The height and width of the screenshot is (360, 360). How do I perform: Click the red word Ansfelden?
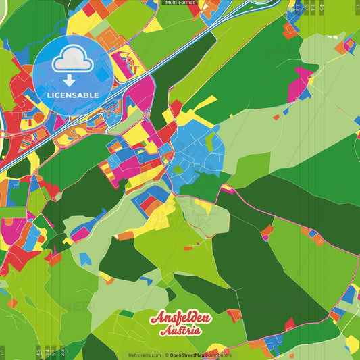coord(181,318)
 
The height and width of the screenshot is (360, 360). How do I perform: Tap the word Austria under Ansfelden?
coord(180,331)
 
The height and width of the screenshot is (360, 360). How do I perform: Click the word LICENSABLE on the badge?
coord(73,94)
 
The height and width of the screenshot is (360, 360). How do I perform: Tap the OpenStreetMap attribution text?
coord(200,355)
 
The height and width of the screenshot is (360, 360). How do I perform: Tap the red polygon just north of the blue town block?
coord(176,108)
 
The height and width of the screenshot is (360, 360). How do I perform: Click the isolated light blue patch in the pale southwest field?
coord(85,259)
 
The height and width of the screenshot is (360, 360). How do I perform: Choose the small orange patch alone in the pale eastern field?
coord(276,117)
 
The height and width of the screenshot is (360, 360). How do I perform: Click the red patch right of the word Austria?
coord(234,315)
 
